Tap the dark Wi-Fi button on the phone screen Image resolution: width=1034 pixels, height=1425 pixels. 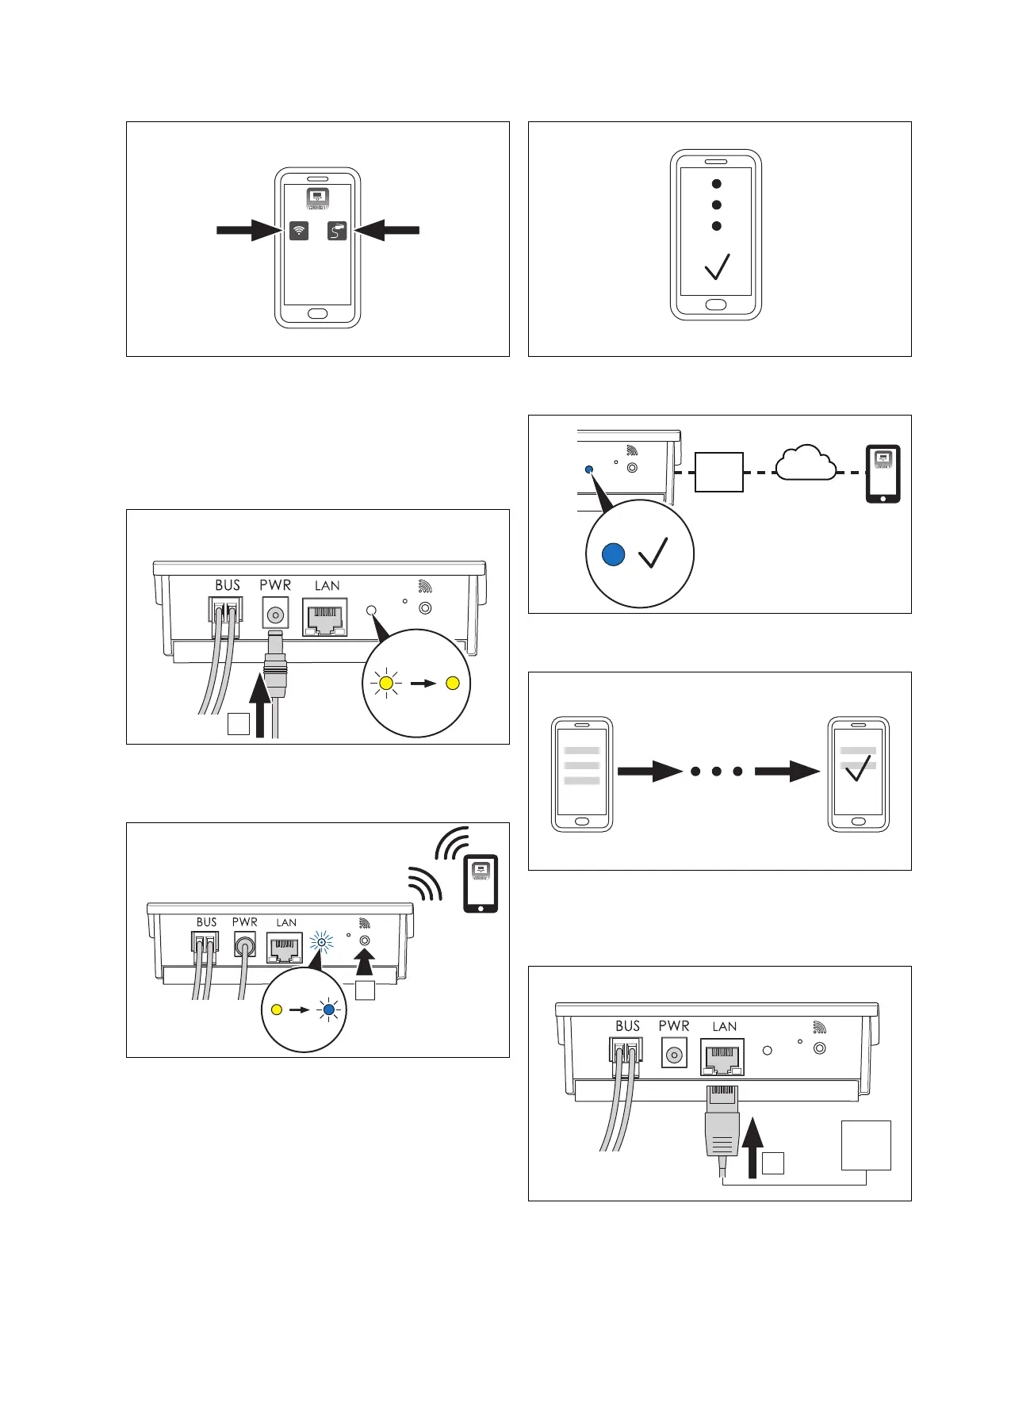299,231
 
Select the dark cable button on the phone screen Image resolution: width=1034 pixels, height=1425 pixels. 337,231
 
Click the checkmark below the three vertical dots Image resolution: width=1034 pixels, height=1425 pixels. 717,266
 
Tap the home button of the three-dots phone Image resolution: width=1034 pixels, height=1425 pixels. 716,305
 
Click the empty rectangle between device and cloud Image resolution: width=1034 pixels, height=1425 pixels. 719,472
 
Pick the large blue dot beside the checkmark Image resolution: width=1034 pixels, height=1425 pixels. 614,554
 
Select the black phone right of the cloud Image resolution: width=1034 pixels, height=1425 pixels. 883,474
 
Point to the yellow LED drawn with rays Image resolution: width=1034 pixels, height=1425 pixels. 387,683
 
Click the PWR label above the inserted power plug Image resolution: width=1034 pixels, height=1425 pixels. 275,585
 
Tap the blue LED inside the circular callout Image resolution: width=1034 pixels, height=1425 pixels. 328,1010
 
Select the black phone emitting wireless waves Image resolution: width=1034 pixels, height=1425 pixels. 481,883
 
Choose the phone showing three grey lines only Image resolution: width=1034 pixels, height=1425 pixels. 582,774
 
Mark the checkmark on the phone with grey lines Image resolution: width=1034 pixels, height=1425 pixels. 859,768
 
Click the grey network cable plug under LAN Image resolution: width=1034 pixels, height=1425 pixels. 722,1126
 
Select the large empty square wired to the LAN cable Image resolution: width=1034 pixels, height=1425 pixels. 866,1144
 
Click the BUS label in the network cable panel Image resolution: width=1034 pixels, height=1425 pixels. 627,1026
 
